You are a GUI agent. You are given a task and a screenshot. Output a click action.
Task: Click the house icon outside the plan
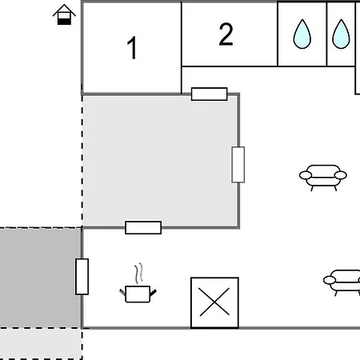64,15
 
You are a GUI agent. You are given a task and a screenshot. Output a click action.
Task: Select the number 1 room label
132,48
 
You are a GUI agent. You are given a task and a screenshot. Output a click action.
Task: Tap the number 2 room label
226,34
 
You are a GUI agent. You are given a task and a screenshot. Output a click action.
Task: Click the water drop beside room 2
302,34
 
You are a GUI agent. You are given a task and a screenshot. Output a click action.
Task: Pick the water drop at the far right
341,34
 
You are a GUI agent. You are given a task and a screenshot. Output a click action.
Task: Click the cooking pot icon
138,294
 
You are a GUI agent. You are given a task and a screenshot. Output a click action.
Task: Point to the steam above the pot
138,274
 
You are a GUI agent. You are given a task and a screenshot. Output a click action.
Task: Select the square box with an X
214,302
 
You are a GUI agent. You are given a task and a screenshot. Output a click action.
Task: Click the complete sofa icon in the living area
323,178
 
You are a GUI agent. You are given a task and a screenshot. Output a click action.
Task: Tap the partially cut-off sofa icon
342,282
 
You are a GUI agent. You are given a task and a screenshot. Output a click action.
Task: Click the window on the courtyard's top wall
210,94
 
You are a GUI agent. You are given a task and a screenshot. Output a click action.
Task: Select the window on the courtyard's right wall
238,165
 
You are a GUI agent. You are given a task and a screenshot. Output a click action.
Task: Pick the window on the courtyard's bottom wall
143,227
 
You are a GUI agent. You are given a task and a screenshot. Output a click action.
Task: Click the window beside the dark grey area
82,277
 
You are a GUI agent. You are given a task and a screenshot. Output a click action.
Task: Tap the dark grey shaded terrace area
41,278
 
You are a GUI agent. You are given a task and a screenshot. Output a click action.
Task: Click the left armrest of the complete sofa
306,175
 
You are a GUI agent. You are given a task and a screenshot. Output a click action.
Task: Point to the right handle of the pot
153,293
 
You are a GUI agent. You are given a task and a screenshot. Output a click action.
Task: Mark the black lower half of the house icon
64,22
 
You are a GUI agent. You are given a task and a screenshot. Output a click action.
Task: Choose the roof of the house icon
64,10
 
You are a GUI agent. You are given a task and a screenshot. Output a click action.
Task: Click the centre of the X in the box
214,302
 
